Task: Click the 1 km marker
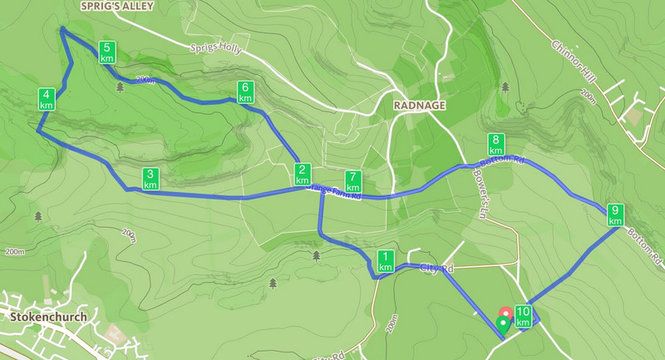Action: point(385,261)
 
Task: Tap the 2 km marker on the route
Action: point(302,175)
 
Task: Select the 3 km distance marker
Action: point(150,179)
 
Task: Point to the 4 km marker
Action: point(47,100)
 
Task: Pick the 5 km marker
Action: point(106,52)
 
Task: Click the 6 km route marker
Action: point(245,91)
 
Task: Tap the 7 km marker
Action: point(353,181)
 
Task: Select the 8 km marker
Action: point(496,145)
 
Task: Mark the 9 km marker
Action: point(615,215)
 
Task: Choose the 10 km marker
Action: point(523,317)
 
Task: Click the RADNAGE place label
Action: point(420,106)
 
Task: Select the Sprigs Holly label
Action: point(215,48)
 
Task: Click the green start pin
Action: point(501,324)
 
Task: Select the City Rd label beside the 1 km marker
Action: point(437,269)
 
